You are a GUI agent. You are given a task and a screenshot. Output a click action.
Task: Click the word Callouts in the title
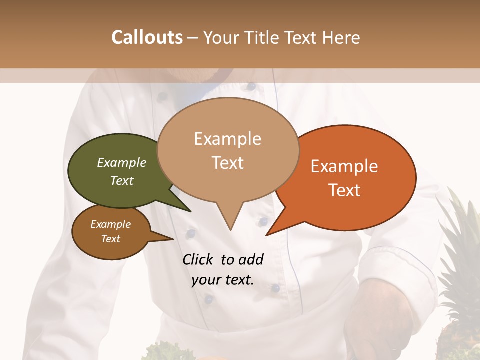tap(147, 38)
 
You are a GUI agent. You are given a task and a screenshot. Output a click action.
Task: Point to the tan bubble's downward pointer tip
tap(230, 230)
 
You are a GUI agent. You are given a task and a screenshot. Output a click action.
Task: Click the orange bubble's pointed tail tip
tap(266, 235)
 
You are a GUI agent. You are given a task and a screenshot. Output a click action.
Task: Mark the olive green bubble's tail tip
tap(190, 211)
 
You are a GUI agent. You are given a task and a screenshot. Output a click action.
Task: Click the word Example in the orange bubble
tap(344, 167)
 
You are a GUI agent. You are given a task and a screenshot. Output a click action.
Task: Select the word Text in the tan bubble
tap(228, 163)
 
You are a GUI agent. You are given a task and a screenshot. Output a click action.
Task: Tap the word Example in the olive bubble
tap(122, 163)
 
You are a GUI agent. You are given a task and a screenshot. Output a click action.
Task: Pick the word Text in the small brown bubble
tap(111, 239)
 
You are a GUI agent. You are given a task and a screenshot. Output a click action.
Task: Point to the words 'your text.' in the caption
tap(223, 280)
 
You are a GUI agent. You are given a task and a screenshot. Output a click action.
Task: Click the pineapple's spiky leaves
tap(457, 225)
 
